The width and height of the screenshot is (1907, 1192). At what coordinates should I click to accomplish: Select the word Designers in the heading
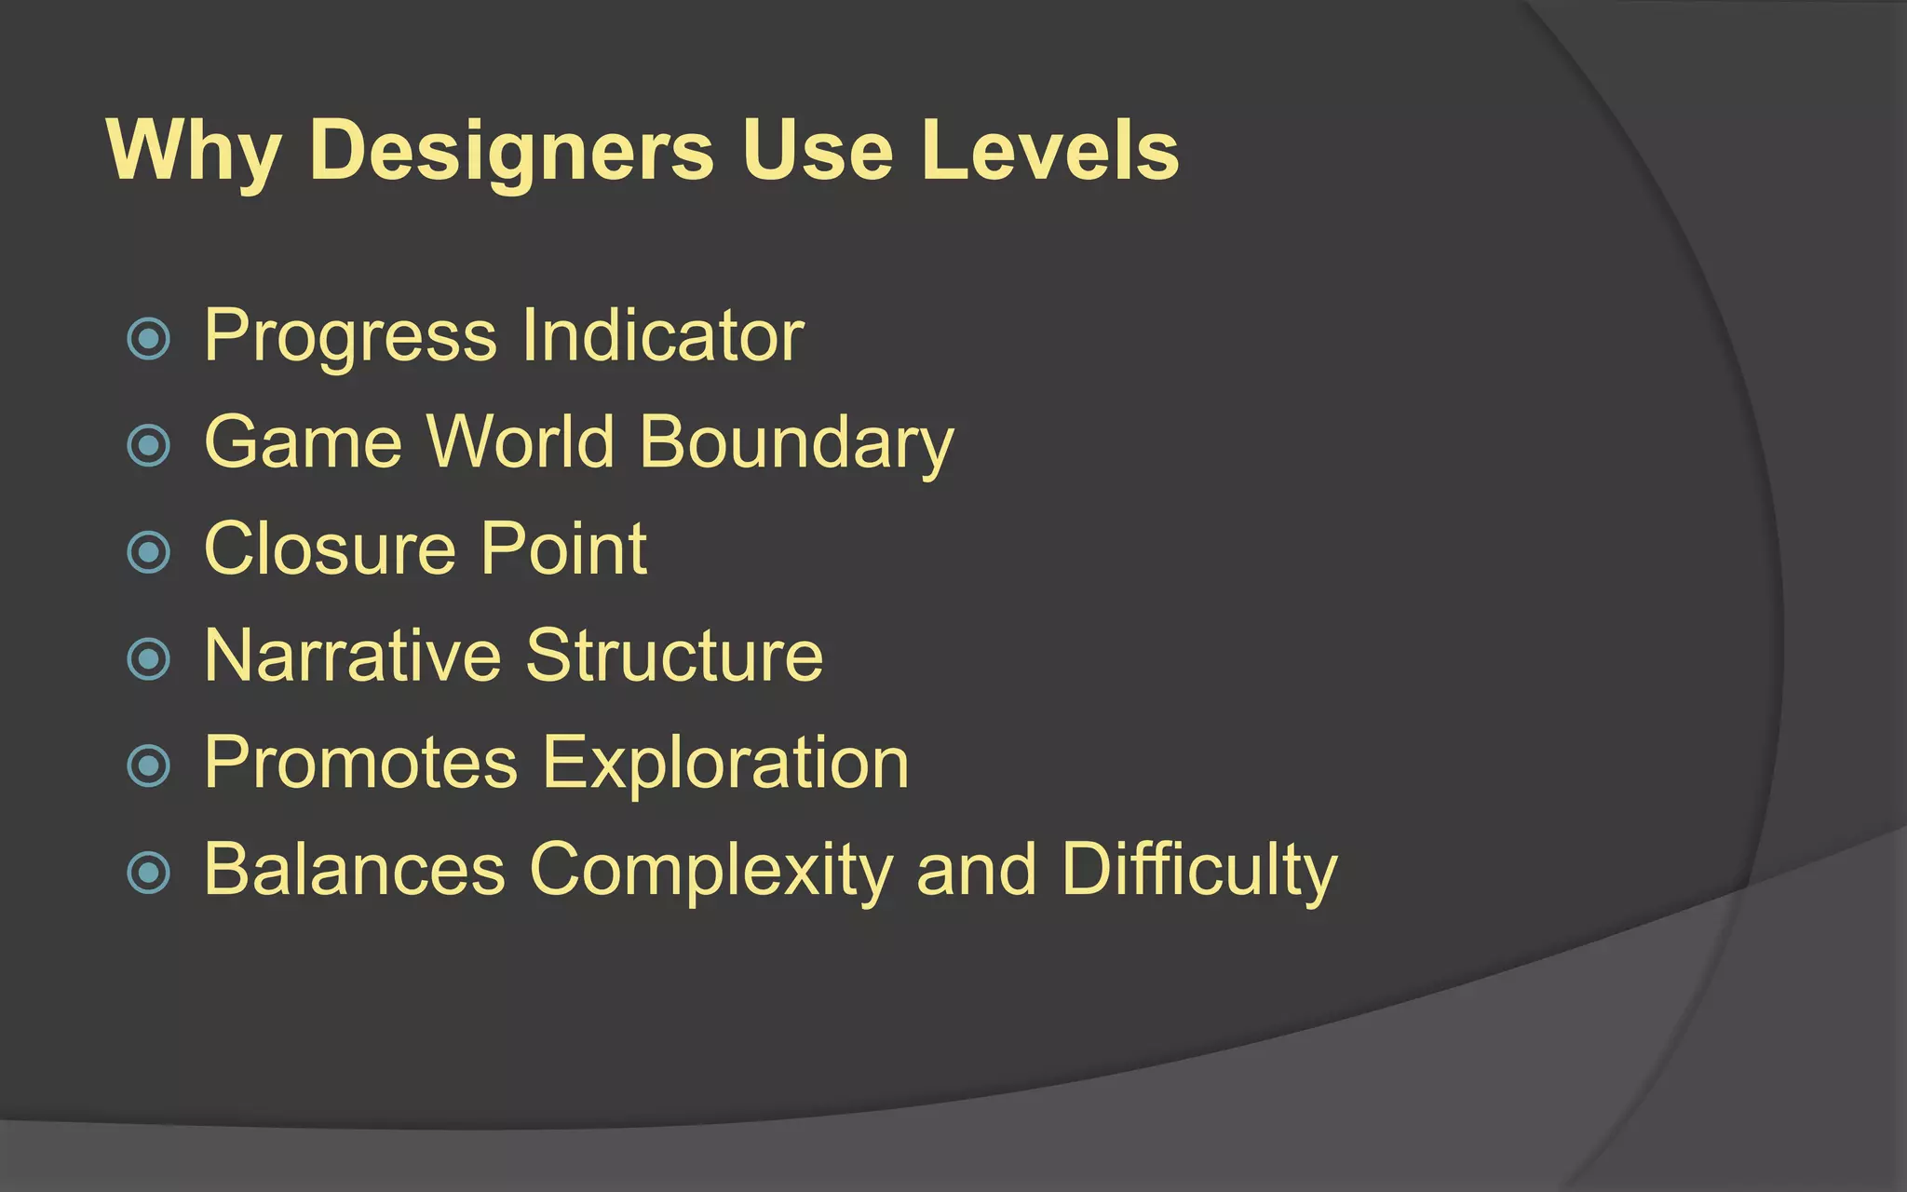coord(511,152)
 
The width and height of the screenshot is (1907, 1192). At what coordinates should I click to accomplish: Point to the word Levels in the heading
coord(1049,152)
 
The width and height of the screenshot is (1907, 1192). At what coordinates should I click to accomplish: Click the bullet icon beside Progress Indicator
coord(149,338)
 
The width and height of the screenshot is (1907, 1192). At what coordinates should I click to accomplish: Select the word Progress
coord(351,337)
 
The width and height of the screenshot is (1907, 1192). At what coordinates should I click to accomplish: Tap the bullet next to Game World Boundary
coord(149,445)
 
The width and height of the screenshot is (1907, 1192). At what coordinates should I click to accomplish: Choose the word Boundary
coord(797,444)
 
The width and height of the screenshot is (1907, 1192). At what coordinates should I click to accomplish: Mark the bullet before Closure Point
coord(149,551)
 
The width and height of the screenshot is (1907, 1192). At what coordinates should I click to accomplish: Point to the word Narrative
coord(353,656)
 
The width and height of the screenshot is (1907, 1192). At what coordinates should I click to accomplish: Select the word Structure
coord(674,656)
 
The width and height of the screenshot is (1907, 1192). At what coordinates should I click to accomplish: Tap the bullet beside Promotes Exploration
coord(149,765)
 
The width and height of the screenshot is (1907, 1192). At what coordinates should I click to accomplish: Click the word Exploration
coord(725,764)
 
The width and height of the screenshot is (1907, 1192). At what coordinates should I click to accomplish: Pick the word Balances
coord(355,870)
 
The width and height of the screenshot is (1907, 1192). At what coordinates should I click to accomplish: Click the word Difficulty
coord(1199,870)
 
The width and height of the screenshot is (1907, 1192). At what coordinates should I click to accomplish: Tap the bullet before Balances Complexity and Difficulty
coord(149,873)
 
